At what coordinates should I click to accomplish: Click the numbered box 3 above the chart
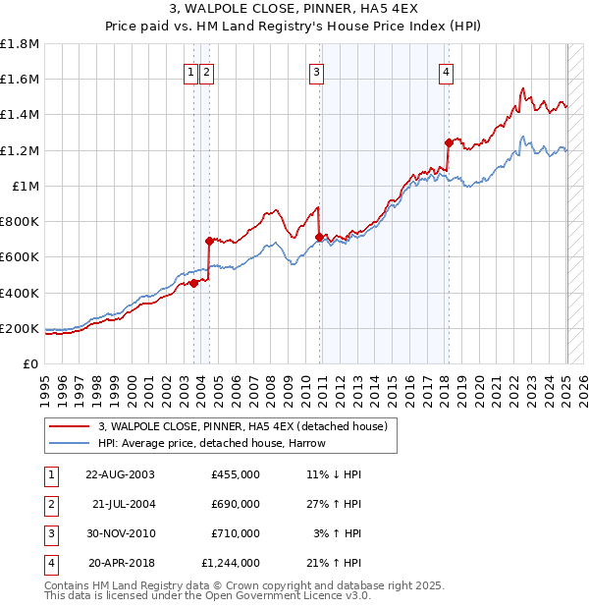(317, 71)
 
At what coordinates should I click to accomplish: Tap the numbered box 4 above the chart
(446, 71)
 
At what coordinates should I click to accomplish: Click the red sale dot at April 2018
(448, 141)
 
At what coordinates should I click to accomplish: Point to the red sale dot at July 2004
(209, 241)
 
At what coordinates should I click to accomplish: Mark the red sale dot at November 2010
(319, 237)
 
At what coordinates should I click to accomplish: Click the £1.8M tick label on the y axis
(20, 44)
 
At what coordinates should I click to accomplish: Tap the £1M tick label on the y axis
(25, 186)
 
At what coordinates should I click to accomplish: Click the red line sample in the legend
(69, 426)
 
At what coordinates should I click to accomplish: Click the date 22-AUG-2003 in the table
(120, 474)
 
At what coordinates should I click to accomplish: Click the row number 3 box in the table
(48, 533)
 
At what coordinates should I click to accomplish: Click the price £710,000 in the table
(235, 533)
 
